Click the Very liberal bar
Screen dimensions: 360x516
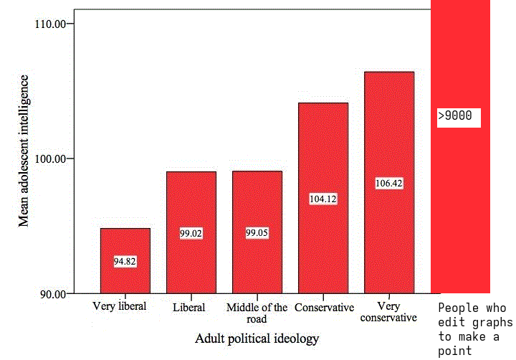(125, 244)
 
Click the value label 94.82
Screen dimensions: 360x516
(125, 262)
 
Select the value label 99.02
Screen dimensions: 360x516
(191, 233)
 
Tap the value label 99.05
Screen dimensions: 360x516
(257, 233)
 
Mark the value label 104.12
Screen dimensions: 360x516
(322, 199)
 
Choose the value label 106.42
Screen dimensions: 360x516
(389, 183)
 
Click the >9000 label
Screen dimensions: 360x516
(459, 116)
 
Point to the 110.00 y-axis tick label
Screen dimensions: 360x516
(50, 24)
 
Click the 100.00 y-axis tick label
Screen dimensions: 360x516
(50, 158)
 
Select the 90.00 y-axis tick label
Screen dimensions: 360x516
(52, 293)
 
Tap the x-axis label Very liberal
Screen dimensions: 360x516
(120, 306)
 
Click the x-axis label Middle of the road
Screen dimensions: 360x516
(257, 313)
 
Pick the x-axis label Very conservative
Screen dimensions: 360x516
(389, 312)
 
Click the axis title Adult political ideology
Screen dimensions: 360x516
(257, 338)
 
